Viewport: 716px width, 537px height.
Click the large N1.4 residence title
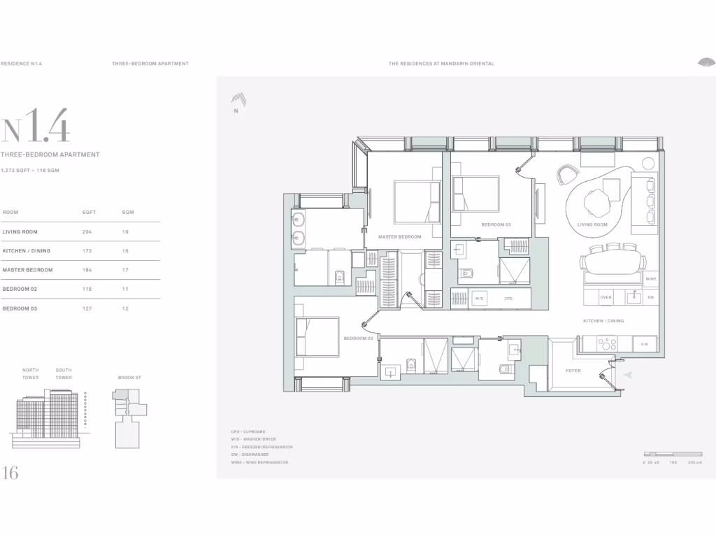[x=36, y=130]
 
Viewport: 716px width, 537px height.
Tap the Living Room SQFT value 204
[x=87, y=231]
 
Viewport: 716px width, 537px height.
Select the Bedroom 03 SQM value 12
[x=126, y=308]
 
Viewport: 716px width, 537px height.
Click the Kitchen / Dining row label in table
[x=27, y=250]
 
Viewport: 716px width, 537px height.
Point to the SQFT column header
[x=89, y=212]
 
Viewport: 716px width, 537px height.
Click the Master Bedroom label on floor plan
[x=400, y=237]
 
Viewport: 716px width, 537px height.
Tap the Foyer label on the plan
[x=573, y=371]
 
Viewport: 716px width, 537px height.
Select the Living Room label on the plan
[x=592, y=224]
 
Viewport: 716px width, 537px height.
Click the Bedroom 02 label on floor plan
[x=359, y=338]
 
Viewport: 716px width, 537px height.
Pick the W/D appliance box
[x=479, y=299]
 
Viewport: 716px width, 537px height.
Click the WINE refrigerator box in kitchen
[x=650, y=278]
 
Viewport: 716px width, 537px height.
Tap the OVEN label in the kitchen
[x=606, y=297]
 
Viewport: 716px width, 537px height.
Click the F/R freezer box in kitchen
[x=644, y=344]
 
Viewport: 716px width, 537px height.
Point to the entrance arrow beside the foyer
[x=628, y=375]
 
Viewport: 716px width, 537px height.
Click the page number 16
[x=10, y=473]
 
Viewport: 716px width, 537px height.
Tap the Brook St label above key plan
[x=129, y=378]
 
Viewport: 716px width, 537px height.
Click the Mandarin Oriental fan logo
[x=706, y=63]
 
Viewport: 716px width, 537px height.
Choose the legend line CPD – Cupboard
[x=248, y=432]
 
